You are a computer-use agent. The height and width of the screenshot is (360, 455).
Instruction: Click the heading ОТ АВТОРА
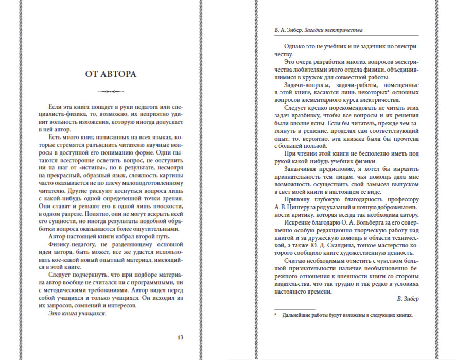(111, 74)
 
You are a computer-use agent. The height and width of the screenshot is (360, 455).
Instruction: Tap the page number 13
(180, 338)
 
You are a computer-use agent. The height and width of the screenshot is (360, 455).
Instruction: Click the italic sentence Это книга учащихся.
(77, 313)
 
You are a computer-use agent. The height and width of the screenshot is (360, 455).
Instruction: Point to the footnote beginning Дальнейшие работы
(347, 315)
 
